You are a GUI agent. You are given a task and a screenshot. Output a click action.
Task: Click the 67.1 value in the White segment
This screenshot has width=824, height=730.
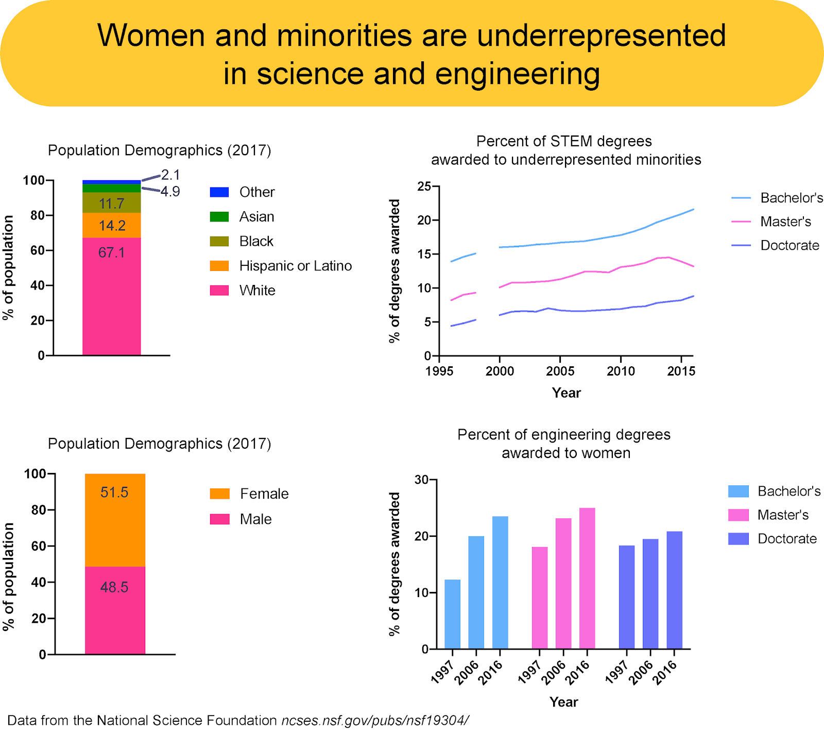[x=111, y=252]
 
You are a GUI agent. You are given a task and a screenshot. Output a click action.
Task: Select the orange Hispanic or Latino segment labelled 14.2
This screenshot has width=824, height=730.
[x=112, y=226]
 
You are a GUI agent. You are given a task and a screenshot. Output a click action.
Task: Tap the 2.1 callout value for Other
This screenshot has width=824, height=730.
[x=170, y=175]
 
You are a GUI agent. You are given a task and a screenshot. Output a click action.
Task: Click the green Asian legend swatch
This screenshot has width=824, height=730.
[x=219, y=217]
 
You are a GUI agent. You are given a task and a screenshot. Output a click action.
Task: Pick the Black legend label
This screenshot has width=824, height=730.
[x=256, y=242]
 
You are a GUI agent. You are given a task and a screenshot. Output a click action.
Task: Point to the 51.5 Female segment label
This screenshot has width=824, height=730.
[x=114, y=493]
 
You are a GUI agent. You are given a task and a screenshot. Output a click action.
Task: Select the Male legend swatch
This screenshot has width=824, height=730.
[x=219, y=519]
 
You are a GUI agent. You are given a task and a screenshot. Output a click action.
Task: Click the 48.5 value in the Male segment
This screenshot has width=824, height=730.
[x=114, y=587]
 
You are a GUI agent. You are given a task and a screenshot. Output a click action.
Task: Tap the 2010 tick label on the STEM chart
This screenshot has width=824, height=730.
[x=621, y=371]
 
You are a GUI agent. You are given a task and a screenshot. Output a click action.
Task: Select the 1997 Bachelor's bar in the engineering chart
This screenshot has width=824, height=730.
[x=453, y=614]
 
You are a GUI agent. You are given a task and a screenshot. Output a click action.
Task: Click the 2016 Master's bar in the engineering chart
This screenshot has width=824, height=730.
[x=587, y=578]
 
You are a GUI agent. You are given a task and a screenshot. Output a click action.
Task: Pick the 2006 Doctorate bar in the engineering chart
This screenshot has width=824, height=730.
[x=650, y=593]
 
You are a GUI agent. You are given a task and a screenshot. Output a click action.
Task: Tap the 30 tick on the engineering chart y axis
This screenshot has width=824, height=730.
[x=421, y=480]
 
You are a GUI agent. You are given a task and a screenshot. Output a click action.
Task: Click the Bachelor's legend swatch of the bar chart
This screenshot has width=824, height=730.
[x=738, y=491]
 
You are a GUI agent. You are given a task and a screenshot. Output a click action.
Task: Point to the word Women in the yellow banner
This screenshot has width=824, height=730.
[x=151, y=36]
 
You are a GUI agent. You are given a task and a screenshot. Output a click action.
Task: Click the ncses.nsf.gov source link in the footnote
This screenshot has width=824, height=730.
[x=375, y=720]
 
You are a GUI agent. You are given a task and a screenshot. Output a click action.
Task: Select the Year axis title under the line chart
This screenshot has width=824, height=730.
[x=566, y=393]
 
